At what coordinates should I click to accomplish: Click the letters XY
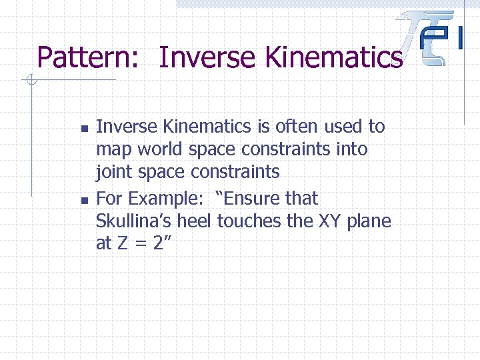coord(329,221)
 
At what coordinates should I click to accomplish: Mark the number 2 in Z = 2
coord(158,244)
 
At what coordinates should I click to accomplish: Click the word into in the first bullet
coord(351,149)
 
